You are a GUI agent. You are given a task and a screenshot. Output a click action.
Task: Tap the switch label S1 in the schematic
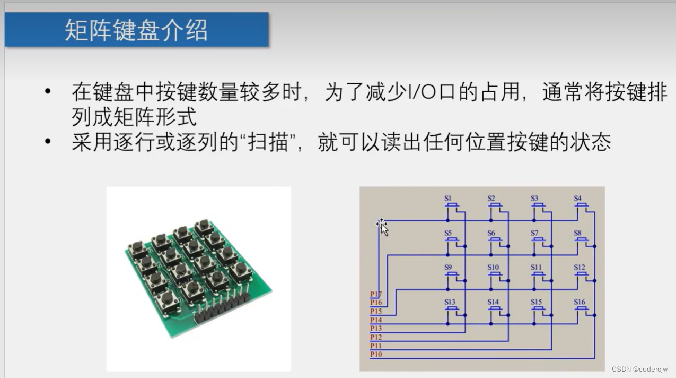pyautogui.click(x=448, y=199)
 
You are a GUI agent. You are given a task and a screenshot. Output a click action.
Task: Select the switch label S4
pyautogui.click(x=577, y=199)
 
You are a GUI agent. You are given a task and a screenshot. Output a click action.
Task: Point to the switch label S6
pyautogui.click(x=491, y=233)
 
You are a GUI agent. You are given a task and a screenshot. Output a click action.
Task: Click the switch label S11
pyautogui.click(x=536, y=268)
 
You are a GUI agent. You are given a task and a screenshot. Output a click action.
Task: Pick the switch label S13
pyautogui.click(x=450, y=302)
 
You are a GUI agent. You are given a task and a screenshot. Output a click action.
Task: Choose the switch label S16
pyautogui.click(x=580, y=302)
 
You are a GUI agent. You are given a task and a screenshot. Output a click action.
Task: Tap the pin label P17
pyautogui.click(x=376, y=294)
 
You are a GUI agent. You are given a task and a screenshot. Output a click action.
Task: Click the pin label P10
pyautogui.click(x=376, y=354)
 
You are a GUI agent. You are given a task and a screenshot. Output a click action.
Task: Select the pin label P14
pyautogui.click(x=376, y=320)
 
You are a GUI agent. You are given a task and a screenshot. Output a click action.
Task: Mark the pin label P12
pyautogui.click(x=376, y=337)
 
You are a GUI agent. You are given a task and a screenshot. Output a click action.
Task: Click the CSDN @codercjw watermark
pyautogui.click(x=642, y=369)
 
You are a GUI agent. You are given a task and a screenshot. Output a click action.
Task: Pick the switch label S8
pyautogui.click(x=577, y=233)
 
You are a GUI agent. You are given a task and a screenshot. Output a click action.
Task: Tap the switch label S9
pyautogui.click(x=448, y=268)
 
